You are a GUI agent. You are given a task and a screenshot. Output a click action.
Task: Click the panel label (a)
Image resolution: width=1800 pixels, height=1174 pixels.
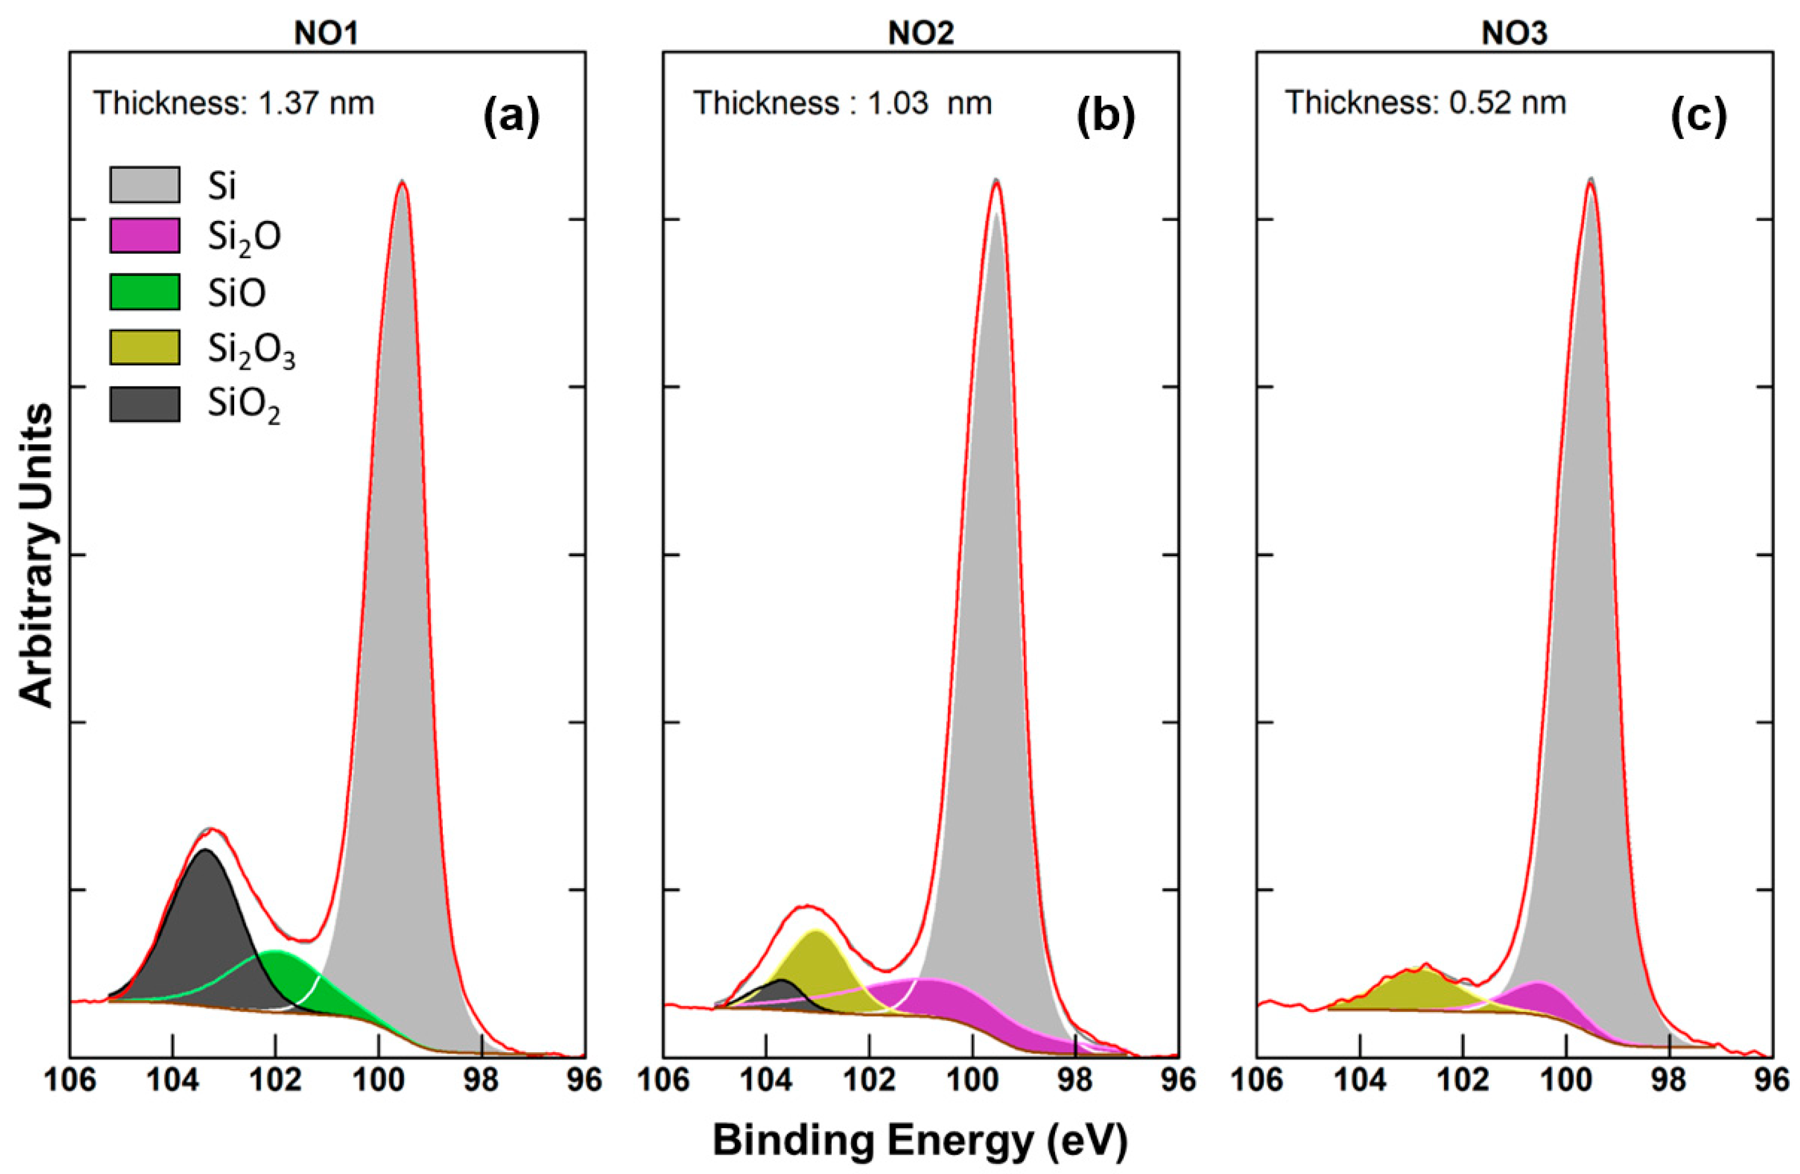tap(512, 115)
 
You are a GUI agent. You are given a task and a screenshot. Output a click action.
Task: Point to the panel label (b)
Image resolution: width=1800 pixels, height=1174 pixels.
tap(1106, 115)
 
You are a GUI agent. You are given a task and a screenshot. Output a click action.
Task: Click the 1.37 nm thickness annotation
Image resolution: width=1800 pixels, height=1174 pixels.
tap(234, 103)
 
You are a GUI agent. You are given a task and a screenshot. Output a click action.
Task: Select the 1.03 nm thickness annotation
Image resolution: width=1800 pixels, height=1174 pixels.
tap(842, 103)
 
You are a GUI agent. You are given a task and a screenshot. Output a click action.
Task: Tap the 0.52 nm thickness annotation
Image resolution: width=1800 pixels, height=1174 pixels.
tap(1426, 103)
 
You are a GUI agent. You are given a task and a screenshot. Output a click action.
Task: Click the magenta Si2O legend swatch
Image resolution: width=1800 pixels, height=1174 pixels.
tap(145, 235)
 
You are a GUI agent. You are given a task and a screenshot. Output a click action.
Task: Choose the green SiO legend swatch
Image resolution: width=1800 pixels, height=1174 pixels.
tap(145, 292)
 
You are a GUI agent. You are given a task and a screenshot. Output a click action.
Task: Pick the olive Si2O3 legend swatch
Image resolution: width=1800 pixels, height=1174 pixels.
tap(145, 347)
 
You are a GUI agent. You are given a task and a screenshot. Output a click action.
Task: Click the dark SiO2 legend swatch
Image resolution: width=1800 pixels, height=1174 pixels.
tap(145, 404)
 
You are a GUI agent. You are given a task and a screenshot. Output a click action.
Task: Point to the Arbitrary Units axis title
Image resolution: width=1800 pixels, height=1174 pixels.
tap(36, 556)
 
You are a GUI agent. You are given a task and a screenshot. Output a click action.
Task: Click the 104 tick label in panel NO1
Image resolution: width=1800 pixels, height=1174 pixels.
tap(172, 1080)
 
